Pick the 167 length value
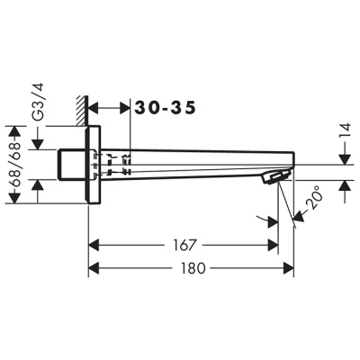(184, 245)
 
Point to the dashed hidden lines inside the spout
(112, 165)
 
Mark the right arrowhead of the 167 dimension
(272, 245)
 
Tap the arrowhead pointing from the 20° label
(293, 215)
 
